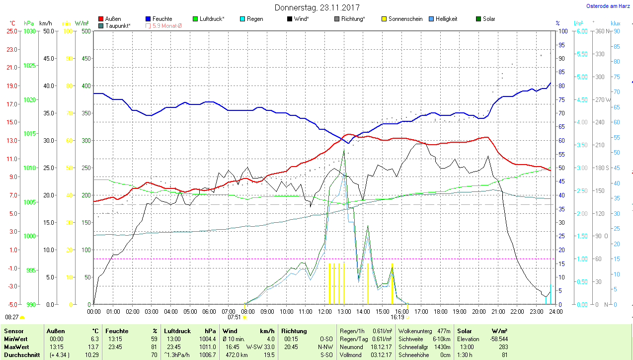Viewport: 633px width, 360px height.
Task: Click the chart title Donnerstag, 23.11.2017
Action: click(x=317, y=8)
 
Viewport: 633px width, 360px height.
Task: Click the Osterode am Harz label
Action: click(x=608, y=6)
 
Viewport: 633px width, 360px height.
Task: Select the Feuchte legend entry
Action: click(x=162, y=19)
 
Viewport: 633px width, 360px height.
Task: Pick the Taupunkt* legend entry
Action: click(x=118, y=25)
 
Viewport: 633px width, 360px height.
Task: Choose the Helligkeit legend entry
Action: click(x=446, y=19)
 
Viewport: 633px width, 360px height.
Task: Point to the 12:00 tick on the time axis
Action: click(x=325, y=312)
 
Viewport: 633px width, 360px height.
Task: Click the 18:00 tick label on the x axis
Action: click(x=440, y=312)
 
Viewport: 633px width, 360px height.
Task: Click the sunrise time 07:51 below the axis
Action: click(x=234, y=317)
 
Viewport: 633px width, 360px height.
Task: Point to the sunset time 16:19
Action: click(x=397, y=317)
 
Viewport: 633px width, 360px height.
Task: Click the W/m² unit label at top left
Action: click(x=82, y=23)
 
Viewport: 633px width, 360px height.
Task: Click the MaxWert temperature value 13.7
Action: click(x=93, y=347)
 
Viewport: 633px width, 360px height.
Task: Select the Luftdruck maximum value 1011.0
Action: click(x=208, y=347)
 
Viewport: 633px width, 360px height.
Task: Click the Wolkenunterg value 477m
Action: click(x=444, y=331)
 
